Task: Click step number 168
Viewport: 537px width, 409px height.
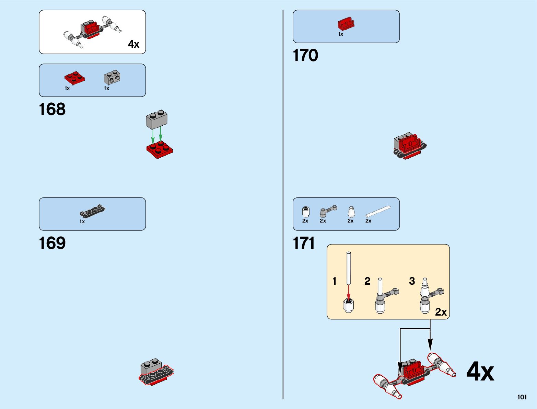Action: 52,110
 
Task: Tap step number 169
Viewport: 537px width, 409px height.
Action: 52,243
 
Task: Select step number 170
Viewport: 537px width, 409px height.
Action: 305,56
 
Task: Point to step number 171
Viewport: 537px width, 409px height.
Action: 304,243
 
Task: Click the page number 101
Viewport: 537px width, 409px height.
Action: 522,397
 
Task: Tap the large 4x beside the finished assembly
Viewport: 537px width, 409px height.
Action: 480,372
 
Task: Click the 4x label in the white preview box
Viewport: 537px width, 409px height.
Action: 133,44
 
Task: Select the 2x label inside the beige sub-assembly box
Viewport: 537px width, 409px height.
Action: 441,312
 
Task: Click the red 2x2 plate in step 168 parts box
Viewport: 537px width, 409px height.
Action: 74,78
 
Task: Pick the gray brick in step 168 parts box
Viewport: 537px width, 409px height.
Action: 112,78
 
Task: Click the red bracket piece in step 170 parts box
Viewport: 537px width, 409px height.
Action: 346,24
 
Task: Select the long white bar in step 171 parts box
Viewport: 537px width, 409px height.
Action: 378,211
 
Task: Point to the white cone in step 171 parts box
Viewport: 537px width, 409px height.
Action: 351,211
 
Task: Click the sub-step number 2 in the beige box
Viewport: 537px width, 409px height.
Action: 367,281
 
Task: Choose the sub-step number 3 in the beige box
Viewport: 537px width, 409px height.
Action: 412,281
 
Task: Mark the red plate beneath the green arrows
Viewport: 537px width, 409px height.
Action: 160,149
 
